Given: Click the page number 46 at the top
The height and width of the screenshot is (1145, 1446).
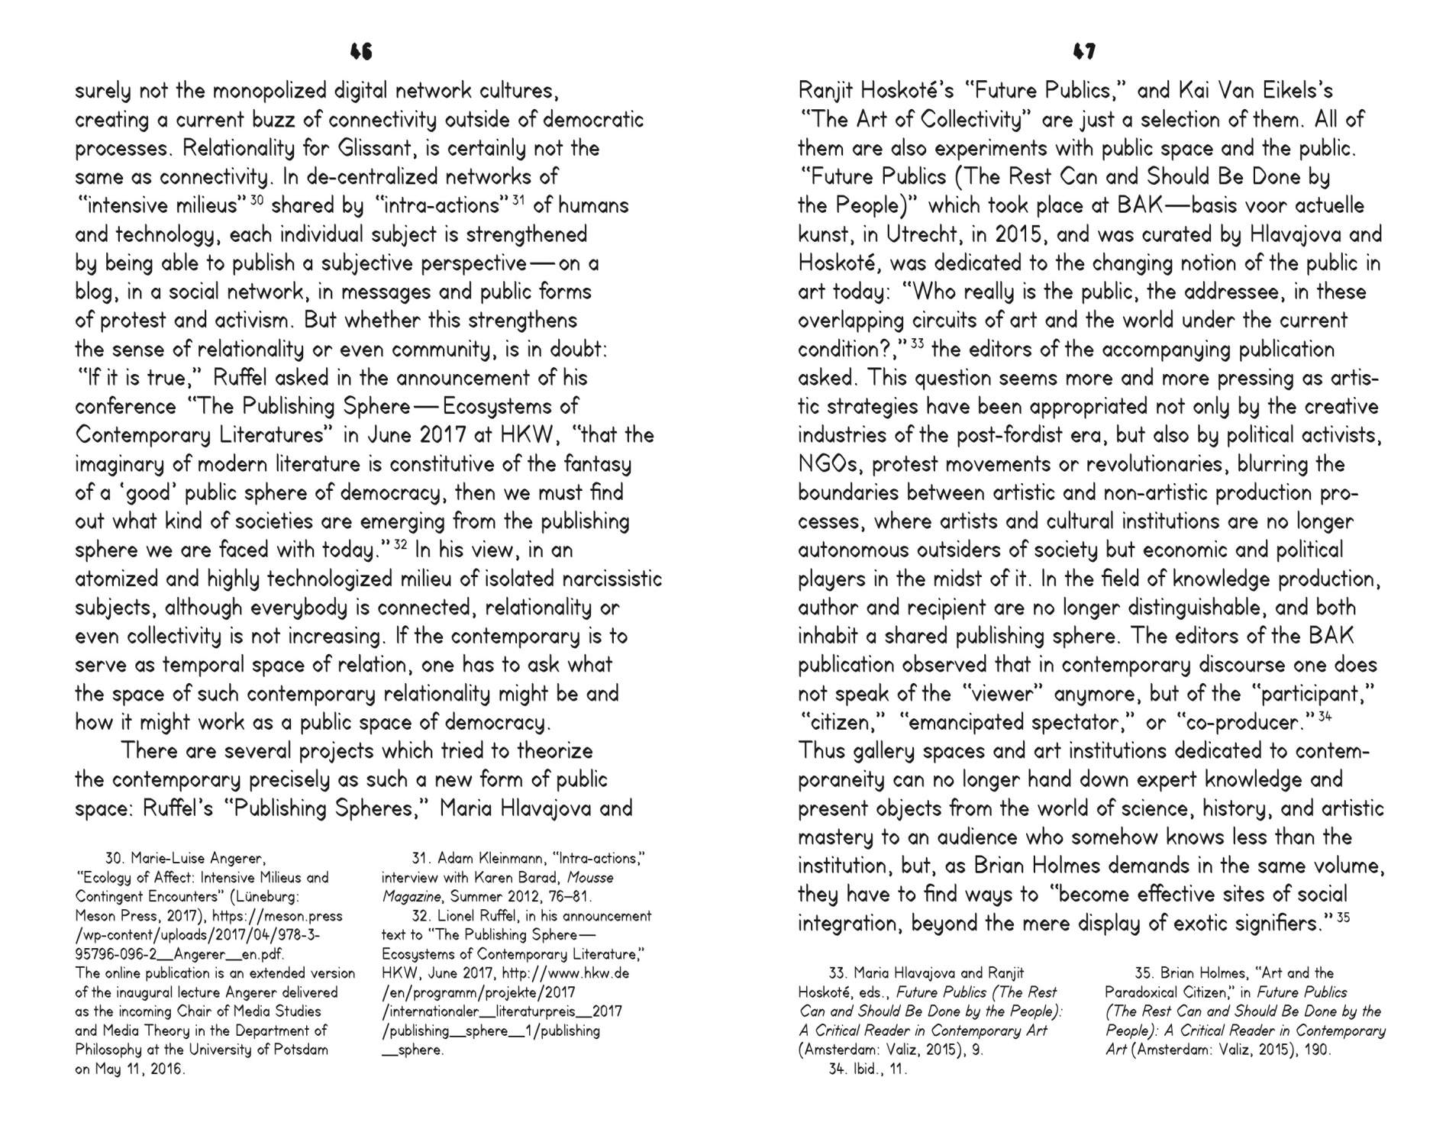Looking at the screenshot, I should tap(361, 51).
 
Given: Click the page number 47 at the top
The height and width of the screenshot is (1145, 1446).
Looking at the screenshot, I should tap(1084, 51).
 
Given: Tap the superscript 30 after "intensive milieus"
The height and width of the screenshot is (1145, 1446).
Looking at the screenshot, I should tap(257, 199).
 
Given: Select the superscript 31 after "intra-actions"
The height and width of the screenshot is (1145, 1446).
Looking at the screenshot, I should tap(519, 199).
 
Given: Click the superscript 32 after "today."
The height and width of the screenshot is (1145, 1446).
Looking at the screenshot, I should tap(401, 543).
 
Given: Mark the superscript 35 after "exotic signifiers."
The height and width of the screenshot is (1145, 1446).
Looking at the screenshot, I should tap(1343, 917).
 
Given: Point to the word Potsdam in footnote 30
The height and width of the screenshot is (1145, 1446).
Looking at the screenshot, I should tap(300, 1050).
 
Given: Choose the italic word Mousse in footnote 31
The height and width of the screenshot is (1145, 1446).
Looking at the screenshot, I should tap(590, 878).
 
